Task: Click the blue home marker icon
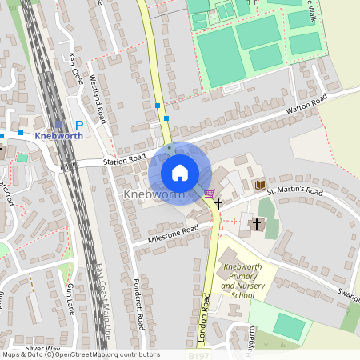[x=180, y=173]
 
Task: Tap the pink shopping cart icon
[x=209, y=193]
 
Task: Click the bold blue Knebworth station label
[x=59, y=136]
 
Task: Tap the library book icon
[x=260, y=186]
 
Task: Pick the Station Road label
[x=124, y=161]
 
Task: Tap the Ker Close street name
[x=76, y=70]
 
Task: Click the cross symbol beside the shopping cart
[x=218, y=205]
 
